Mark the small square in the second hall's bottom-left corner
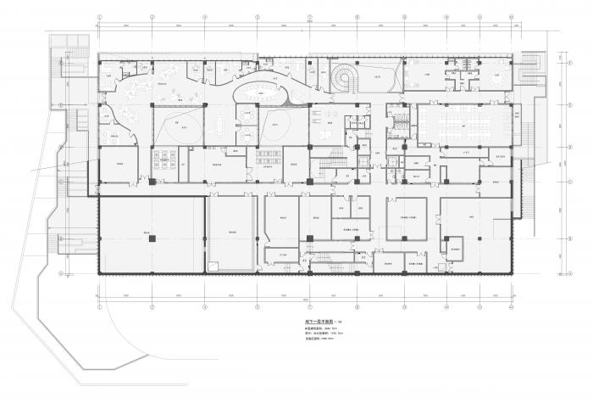pos(211,268)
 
